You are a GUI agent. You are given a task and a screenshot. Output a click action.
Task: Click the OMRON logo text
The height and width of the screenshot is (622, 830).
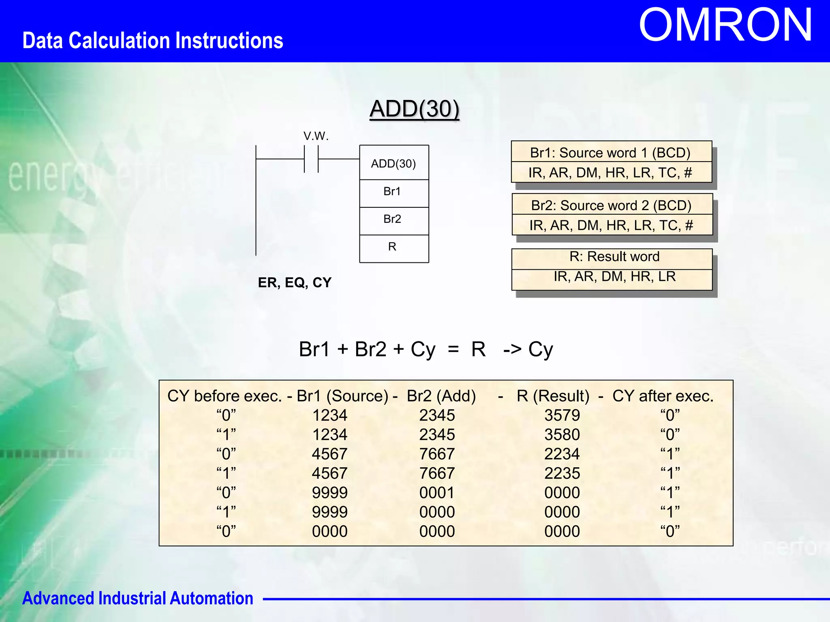point(725,26)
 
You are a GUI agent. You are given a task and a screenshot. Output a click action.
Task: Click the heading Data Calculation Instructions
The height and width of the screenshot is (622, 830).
point(152,41)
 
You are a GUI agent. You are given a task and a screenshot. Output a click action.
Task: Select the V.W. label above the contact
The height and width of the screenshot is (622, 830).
point(316,136)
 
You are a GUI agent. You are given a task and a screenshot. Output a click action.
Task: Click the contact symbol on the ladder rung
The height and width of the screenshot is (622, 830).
point(311,159)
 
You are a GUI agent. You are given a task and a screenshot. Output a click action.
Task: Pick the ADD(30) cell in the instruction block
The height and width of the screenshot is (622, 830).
point(394,164)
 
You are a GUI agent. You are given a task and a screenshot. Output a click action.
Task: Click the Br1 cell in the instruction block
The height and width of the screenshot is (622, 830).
point(392,191)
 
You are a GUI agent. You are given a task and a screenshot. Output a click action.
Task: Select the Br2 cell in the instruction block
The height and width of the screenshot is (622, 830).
point(392,219)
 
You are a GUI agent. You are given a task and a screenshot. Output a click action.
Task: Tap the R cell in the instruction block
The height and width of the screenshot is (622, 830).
point(392,247)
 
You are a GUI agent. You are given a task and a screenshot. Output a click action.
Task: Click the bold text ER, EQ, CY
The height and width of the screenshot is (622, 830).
point(295,282)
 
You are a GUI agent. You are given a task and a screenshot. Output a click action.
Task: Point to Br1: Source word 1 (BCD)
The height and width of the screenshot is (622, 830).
point(610,153)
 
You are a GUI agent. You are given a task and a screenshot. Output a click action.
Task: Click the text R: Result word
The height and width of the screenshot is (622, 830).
point(614,256)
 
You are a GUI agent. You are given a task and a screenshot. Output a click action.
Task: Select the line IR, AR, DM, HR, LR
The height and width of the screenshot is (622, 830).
point(614,276)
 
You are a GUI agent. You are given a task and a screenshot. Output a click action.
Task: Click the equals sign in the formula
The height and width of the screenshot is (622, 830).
point(453,349)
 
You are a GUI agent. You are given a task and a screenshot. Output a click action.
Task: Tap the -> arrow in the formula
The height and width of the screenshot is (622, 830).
point(512,349)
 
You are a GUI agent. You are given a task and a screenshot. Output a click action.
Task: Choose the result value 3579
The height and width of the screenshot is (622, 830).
point(562,415)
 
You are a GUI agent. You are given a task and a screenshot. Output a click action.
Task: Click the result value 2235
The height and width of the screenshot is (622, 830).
point(562,473)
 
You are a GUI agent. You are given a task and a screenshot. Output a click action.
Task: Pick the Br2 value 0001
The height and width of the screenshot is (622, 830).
point(436,492)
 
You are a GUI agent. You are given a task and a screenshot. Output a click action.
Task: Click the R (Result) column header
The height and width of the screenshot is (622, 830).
point(553,396)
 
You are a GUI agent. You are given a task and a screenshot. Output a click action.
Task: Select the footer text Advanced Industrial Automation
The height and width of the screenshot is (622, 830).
point(137,598)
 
